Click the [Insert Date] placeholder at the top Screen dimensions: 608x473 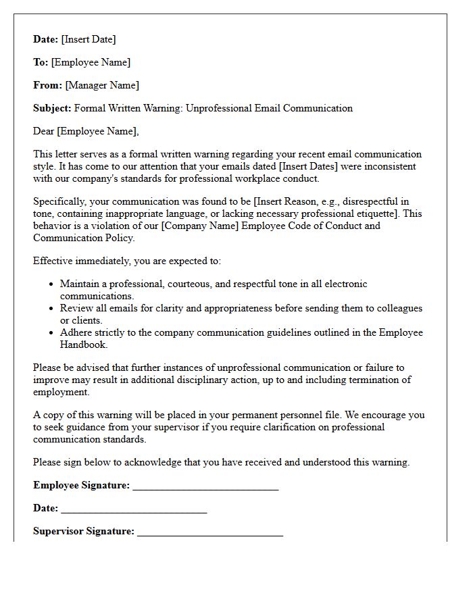pyautogui.click(x=89, y=39)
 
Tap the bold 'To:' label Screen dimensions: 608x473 pyautogui.click(x=41, y=62)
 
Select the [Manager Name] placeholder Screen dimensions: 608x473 pyautogui.click(x=102, y=85)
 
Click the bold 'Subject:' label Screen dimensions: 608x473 pyautogui.click(x=52, y=108)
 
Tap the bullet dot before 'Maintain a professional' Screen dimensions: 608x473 pyautogui.click(x=51, y=284)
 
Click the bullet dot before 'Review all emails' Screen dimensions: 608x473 pyautogui.click(x=51, y=309)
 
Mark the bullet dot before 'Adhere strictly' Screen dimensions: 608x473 pyautogui.click(x=51, y=333)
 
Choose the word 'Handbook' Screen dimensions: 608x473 pyautogui.click(x=84, y=345)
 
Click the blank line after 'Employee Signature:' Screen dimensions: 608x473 pyautogui.click(x=205, y=487)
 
